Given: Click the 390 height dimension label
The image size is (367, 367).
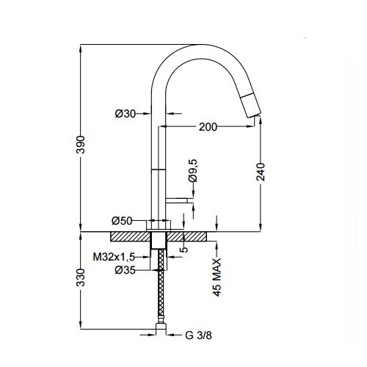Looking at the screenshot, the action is (81, 145).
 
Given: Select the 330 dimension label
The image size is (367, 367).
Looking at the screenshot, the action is (81, 277).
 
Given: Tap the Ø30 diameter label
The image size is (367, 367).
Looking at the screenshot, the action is (125, 114).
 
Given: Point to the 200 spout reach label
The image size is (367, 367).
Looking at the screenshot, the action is (208, 127).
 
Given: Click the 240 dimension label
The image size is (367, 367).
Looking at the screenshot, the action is (261, 172).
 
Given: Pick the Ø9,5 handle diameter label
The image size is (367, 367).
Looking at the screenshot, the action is (193, 170).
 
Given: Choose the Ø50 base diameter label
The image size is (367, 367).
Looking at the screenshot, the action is (122, 221).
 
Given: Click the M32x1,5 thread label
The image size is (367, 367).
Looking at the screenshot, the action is (114, 257).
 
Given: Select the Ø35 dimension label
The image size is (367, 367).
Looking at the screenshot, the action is (125, 270).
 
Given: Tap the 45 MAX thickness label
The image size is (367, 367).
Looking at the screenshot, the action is (217, 277).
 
